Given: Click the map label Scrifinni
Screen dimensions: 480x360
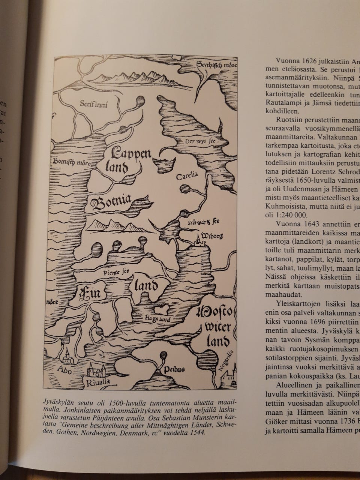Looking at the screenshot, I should [x=94, y=104].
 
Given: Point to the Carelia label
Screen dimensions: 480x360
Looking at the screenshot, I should [x=187, y=176].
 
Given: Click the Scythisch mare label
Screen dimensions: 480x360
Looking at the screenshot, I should [x=217, y=66].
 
